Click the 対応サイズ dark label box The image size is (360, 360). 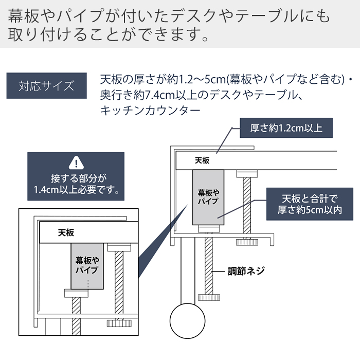click(x=46, y=85)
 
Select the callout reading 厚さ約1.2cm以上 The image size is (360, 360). click(x=286, y=128)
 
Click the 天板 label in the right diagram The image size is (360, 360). click(x=202, y=160)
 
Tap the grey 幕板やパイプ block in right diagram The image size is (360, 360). click(x=208, y=198)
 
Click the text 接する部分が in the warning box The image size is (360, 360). click(x=76, y=178)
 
